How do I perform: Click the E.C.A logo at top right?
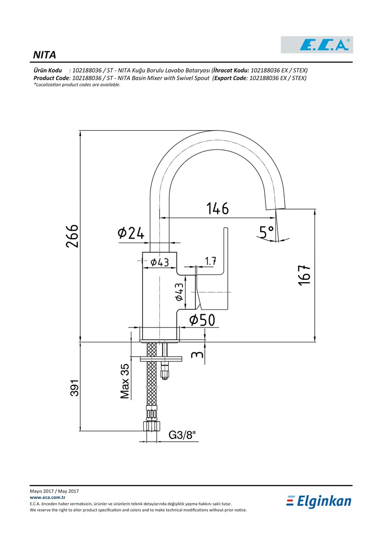(x=317, y=45)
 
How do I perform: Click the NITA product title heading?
(x=44, y=55)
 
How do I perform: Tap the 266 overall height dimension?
(x=72, y=236)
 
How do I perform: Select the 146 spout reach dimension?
(x=217, y=208)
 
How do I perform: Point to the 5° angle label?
(x=266, y=233)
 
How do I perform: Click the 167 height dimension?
(x=305, y=275)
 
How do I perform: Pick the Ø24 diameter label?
(x=131, y=233)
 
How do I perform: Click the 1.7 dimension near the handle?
(x=211, y=261)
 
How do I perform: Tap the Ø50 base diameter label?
(x=202, y=320)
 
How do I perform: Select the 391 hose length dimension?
(x=75, y=388)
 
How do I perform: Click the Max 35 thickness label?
(x=125, y=381)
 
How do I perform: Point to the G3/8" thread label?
(x=182, y=435)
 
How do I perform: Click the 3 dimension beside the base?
(x=198, y=354)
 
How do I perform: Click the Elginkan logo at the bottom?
(x=318, y=501)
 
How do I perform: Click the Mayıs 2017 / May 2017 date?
(x=54, y=491)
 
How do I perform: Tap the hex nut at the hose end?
(x=151, y=426)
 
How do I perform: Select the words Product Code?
(x=52, y=78)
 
